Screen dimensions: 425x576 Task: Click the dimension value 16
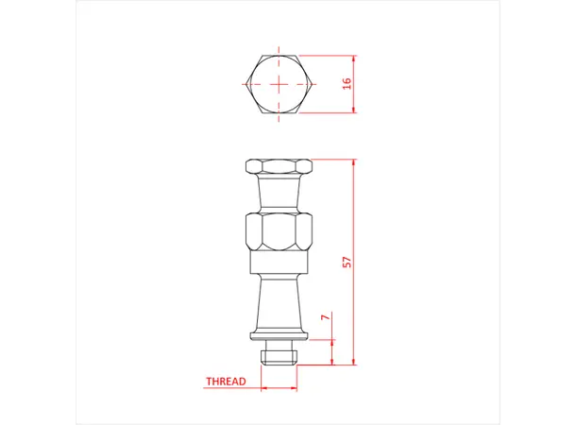[347, 83]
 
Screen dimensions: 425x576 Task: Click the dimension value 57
[347, 262]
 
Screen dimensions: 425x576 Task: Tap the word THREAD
[226, 382]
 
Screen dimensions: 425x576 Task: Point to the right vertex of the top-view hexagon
[313, 84]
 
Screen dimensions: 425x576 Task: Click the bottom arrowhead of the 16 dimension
[354, 111]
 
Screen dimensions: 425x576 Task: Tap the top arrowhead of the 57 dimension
[354, 161]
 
